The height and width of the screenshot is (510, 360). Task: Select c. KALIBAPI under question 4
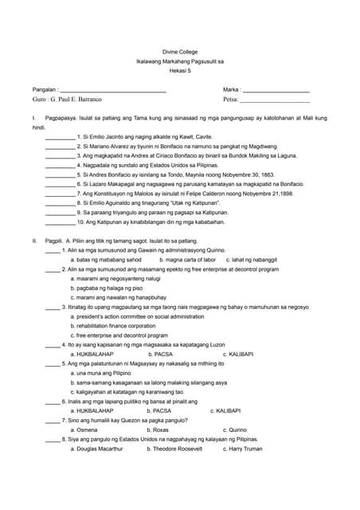point(238,354)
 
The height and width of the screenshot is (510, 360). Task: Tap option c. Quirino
point(233,430)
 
